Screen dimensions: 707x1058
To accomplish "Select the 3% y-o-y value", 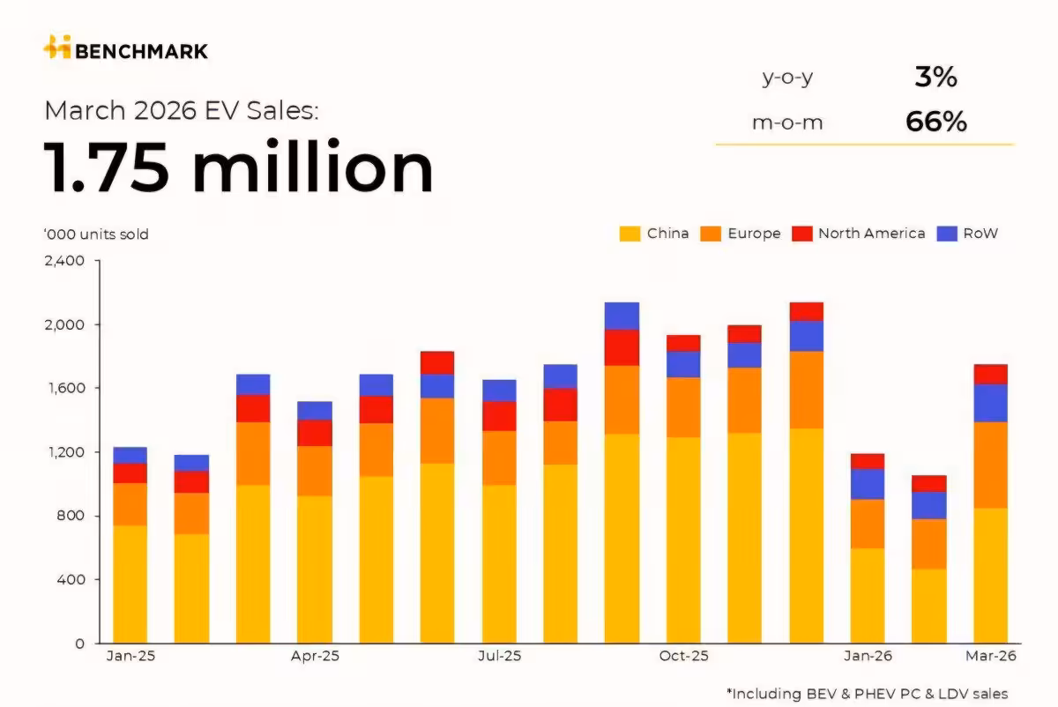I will (935, 78).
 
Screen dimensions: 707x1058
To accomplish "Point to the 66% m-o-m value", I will (935, 122).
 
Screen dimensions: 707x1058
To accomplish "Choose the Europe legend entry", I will (741, 234).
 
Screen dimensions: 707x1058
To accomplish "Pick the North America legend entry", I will (859, 234).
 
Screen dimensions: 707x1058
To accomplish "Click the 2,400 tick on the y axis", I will (63, 261).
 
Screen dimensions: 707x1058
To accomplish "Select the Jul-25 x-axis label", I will (499, 657).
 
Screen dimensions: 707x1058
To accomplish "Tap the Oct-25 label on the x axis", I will (684, 657).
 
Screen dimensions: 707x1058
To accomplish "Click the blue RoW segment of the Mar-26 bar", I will (991, 403).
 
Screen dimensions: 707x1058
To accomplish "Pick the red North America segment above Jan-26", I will (868, 461).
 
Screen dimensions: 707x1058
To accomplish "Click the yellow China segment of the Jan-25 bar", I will (130, 584).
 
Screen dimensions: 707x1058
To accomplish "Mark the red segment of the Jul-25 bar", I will (499, 416).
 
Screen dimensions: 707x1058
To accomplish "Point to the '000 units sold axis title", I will (96, 234).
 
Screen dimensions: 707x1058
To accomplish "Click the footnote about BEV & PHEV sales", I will (867, 694).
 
